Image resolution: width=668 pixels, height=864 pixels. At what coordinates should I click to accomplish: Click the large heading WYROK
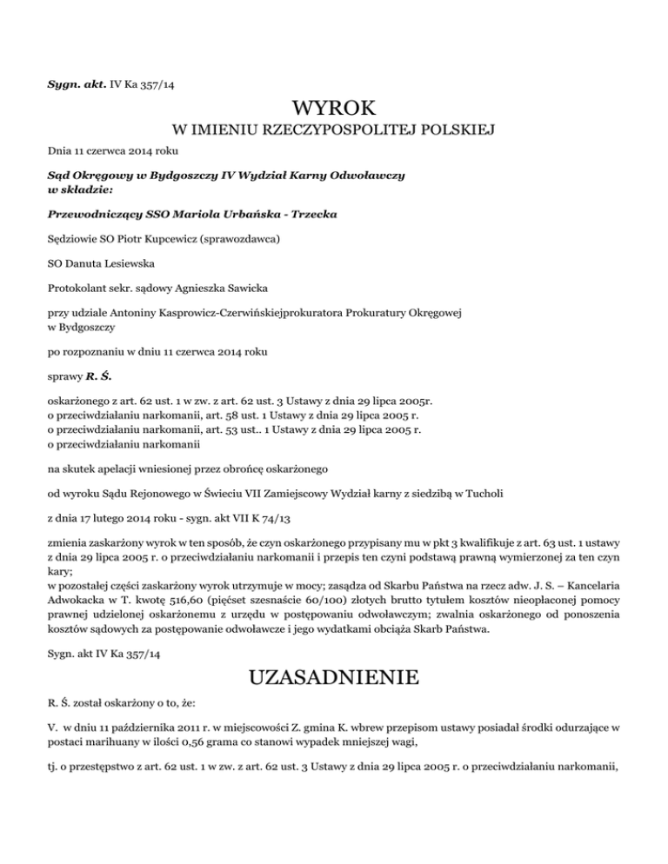pyautogui.click(x=334, y=110)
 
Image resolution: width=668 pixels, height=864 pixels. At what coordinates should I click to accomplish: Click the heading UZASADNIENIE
pyautogui.click(x=334, y=674)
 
